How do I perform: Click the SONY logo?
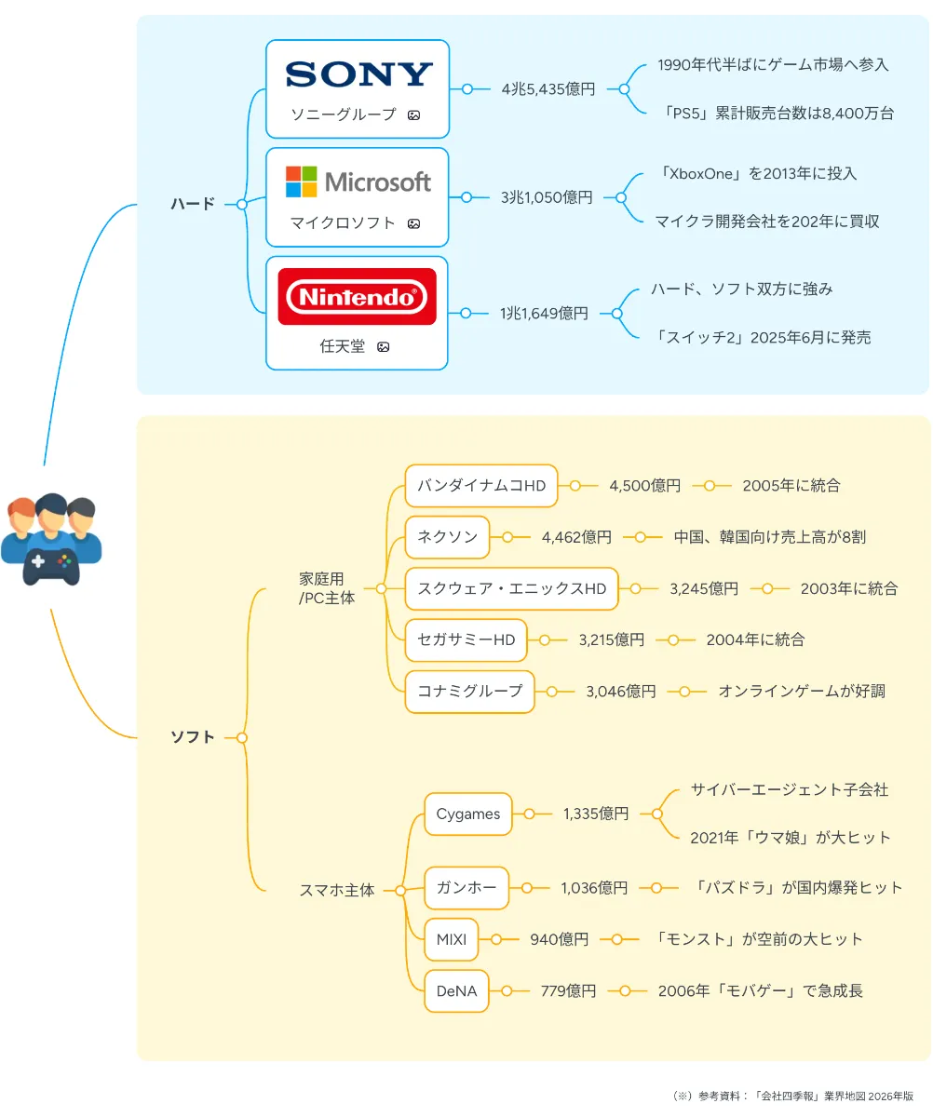[x=358, y=74]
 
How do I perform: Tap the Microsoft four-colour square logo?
[x=301, y=182]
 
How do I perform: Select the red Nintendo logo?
[x=357, y=297]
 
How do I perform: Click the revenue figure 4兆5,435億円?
[x=548, y=89]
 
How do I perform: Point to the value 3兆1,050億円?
[x=547, y=197]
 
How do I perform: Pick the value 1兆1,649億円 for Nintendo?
[x=544, y=314]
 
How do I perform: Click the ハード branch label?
[x=192, y=204]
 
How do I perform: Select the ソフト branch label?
[x=192, y=737]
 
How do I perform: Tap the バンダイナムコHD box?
[x=481, y=486]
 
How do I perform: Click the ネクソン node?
[x=447, y=537]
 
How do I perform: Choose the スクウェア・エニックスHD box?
[x=511, y=588]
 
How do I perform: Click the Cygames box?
[x=467, y=814]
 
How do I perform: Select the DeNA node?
[x=456, y=991]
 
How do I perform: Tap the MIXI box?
[x=451, y=939]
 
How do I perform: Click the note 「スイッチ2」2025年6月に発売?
[x=764, y=338]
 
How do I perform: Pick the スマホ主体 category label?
[x=336, y=890]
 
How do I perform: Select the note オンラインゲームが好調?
[x=801, y=691]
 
